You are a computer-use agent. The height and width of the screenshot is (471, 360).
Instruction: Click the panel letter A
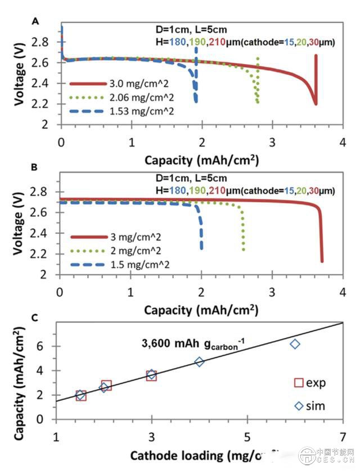point(36,21)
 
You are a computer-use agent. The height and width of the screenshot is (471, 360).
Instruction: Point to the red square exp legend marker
point(299,383)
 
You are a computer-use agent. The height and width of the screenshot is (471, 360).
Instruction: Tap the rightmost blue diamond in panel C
point(295,343)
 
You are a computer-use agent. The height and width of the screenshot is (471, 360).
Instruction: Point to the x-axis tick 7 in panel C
point(343,436)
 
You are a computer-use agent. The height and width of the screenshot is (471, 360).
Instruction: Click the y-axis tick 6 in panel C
point(48,346)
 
